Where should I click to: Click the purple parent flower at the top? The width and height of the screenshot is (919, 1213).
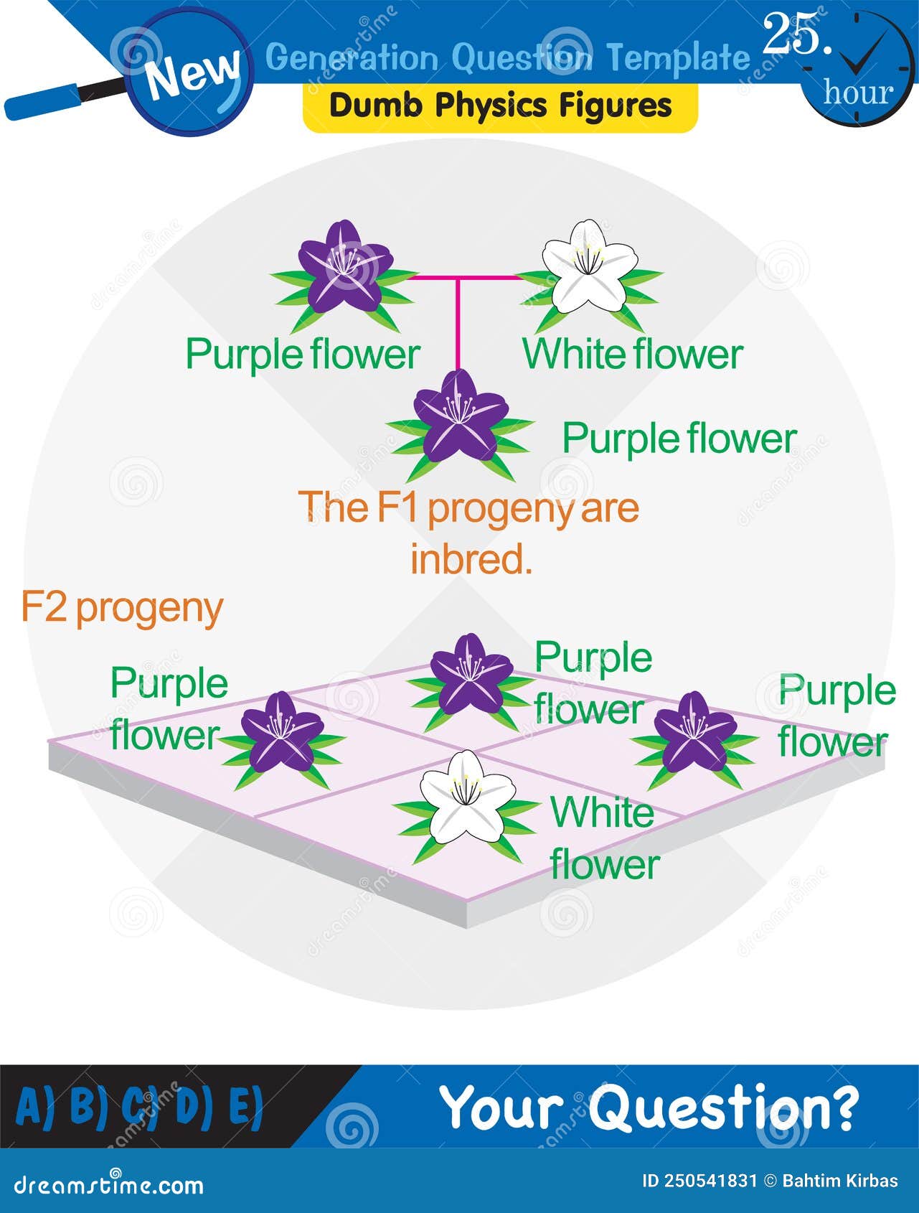point(344,267)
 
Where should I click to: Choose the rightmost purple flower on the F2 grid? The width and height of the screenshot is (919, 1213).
point(694,732)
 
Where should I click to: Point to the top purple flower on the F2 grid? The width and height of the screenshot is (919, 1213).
point(471,673)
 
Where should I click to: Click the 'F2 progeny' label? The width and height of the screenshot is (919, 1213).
point(122,608)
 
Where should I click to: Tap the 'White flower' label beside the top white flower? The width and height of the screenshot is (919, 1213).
point(632,354)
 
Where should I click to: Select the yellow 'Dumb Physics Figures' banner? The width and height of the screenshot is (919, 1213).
point(500,106)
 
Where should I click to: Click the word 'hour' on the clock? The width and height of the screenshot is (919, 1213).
point(858,92)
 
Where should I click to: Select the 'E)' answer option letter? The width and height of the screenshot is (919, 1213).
point(245,1105)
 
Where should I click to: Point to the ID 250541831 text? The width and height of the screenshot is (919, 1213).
point(699,1181)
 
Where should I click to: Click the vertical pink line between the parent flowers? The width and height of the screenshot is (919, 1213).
point(457,323)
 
